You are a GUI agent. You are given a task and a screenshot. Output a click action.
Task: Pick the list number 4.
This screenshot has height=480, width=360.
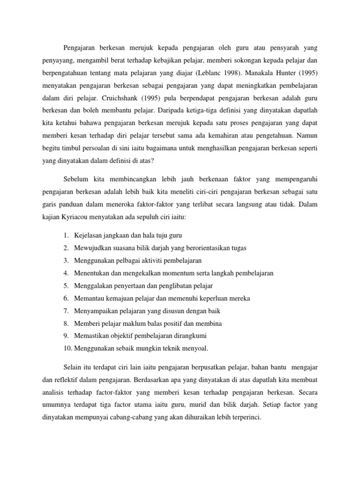(67, 272)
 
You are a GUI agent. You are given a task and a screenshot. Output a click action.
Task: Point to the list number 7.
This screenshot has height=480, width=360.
(67, 311)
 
